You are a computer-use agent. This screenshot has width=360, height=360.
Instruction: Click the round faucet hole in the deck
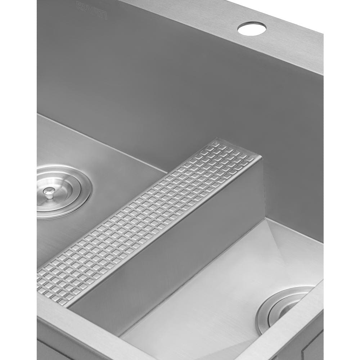(x=252, y=28)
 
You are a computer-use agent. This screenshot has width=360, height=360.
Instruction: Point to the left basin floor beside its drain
(x=119, y=169)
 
